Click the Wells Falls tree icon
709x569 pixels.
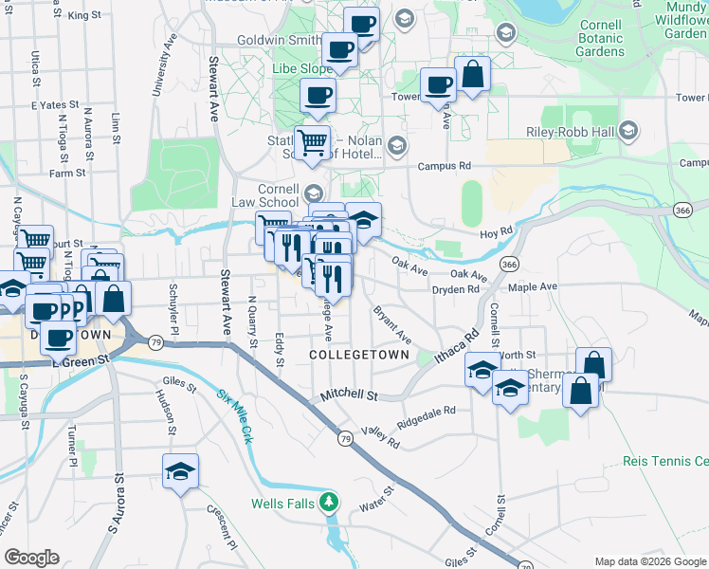point(328,502)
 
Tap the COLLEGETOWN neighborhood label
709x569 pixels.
point(359,355)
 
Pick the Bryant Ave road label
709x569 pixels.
point(391,324)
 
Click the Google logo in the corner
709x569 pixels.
point(31,558)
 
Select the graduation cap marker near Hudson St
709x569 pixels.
point(179,471)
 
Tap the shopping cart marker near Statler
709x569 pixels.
point(312,143)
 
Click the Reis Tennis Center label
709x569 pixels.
point(665,462)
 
